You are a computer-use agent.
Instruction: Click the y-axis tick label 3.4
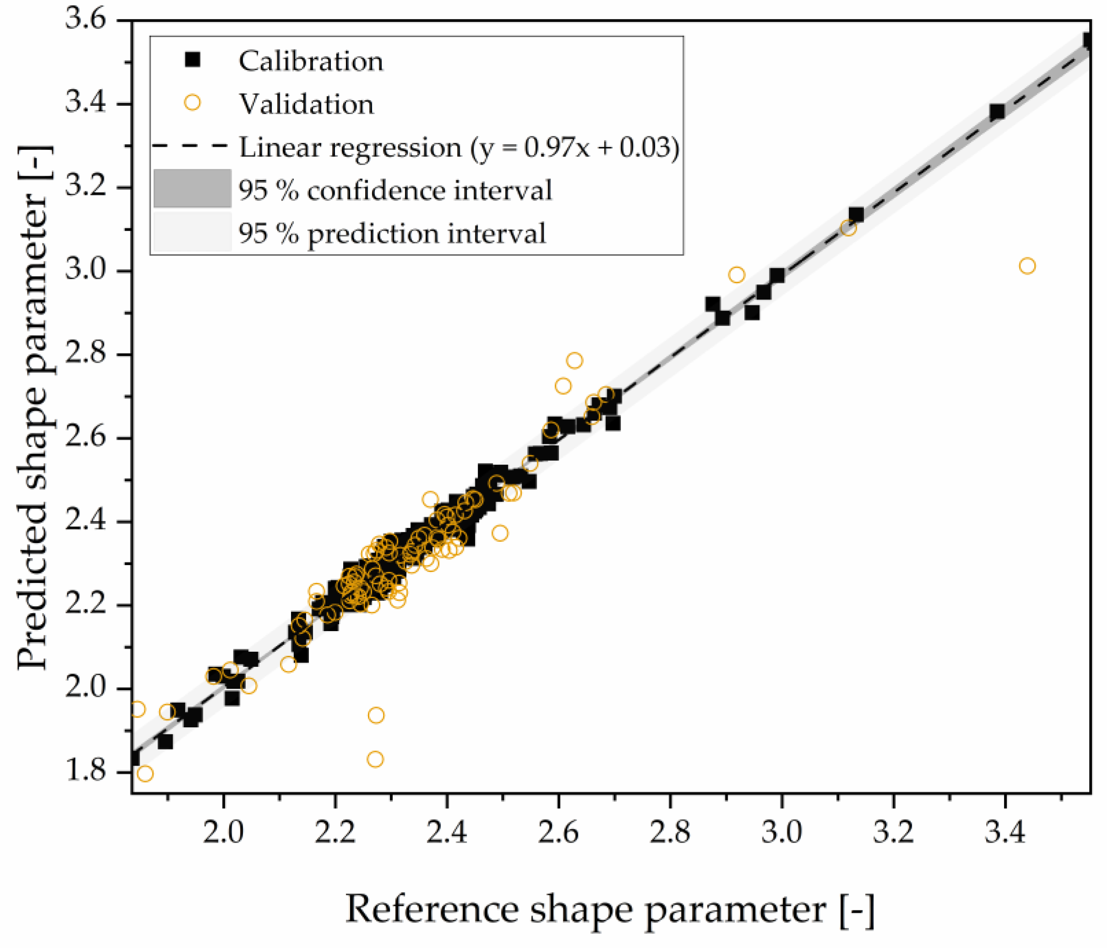pyautogui.click(x=86, y=103)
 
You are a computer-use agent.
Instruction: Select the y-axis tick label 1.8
pyautogui.click(x=86, y=772)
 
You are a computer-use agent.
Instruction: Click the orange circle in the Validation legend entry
pyautogui.click(x=192, y=102)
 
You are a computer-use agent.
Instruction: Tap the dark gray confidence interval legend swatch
pyautogui.click(x=192, y=188)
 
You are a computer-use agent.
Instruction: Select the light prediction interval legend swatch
pyautogui.click(x=192, y=232)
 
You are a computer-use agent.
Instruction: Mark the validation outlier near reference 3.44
pyautogui.click(x=1027, y=266)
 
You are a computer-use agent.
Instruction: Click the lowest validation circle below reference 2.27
pyautogui.click(x=375, y=759)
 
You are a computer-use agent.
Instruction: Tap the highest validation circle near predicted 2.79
pyautogui.click(x=574, y=360)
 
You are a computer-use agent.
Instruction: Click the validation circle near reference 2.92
pyautogui.click(x=736, y=275)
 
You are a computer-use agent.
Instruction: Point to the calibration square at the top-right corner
pyautogui.click(x=1088, y=39)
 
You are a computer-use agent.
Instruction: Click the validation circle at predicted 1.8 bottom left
pyautogui.click(x=145, y=774)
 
